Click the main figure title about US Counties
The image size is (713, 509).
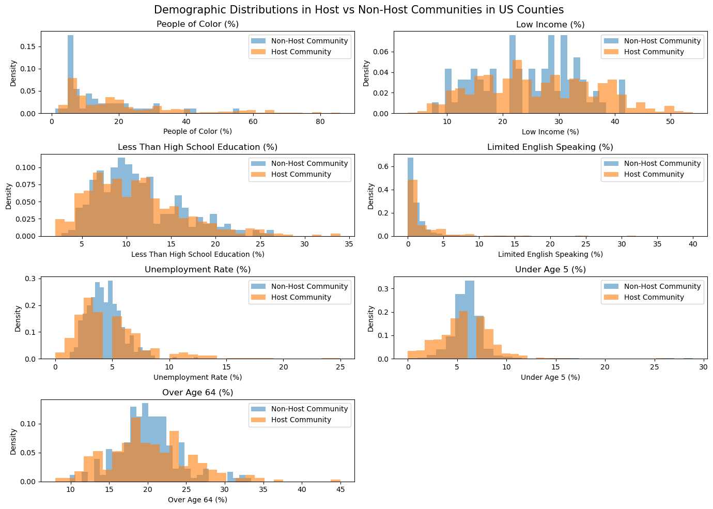point(359,10)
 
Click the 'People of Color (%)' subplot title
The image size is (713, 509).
point(197,24)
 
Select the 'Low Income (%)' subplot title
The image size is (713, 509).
point(550,24)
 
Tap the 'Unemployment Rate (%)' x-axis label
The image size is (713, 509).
point(197,377)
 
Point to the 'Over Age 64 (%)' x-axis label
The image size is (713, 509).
point(197,500)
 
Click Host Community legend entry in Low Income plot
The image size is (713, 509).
point(654,52)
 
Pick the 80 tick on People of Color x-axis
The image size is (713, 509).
point(320,122)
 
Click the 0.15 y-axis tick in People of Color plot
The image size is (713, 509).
point(29,47)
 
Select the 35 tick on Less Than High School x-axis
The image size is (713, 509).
point(349,244)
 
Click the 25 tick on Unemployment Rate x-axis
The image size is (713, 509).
point(340,367)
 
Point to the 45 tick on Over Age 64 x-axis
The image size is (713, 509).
point(340,490)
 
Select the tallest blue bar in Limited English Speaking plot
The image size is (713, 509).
point(410,171)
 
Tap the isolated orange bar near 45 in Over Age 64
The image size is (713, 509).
point(336,480)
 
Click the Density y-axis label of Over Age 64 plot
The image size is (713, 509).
point(13,441)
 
